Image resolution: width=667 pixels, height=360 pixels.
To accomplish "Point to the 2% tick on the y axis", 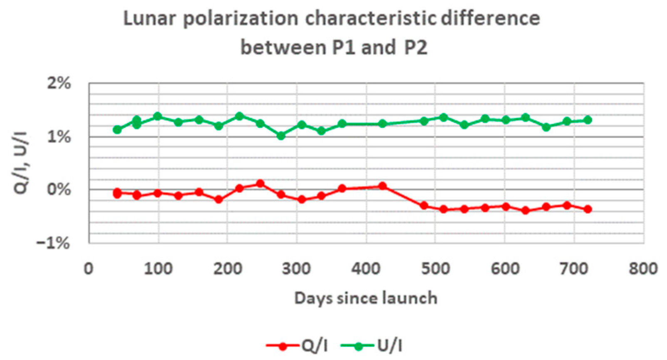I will (x=59, y=83).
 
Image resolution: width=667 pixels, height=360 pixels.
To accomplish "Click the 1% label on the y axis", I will (x=59, y=137).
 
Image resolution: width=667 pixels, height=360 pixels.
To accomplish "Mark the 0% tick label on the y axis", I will (x=59, y=189).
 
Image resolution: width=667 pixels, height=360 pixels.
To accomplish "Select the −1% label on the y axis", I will (x=54, y=243).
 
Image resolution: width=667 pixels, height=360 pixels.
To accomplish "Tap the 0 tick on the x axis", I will (x=89, y=268).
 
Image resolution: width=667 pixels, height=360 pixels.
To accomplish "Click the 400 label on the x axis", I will (x=366, y=268).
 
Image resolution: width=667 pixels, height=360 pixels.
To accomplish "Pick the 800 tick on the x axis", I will (x=643, y=268).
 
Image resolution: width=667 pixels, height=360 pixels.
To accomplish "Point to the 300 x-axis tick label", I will (x=296, y=268).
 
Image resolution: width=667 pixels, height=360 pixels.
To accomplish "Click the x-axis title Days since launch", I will (x=366, y=298).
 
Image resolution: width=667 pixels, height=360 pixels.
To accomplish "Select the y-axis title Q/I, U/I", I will (x=21, y=163).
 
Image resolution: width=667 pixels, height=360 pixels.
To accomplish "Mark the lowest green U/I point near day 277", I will (x=281, y=136).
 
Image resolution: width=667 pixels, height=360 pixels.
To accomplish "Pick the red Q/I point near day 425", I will (x=383, y=186).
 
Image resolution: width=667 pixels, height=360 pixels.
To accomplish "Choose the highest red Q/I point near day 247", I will (x=260, y=184).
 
